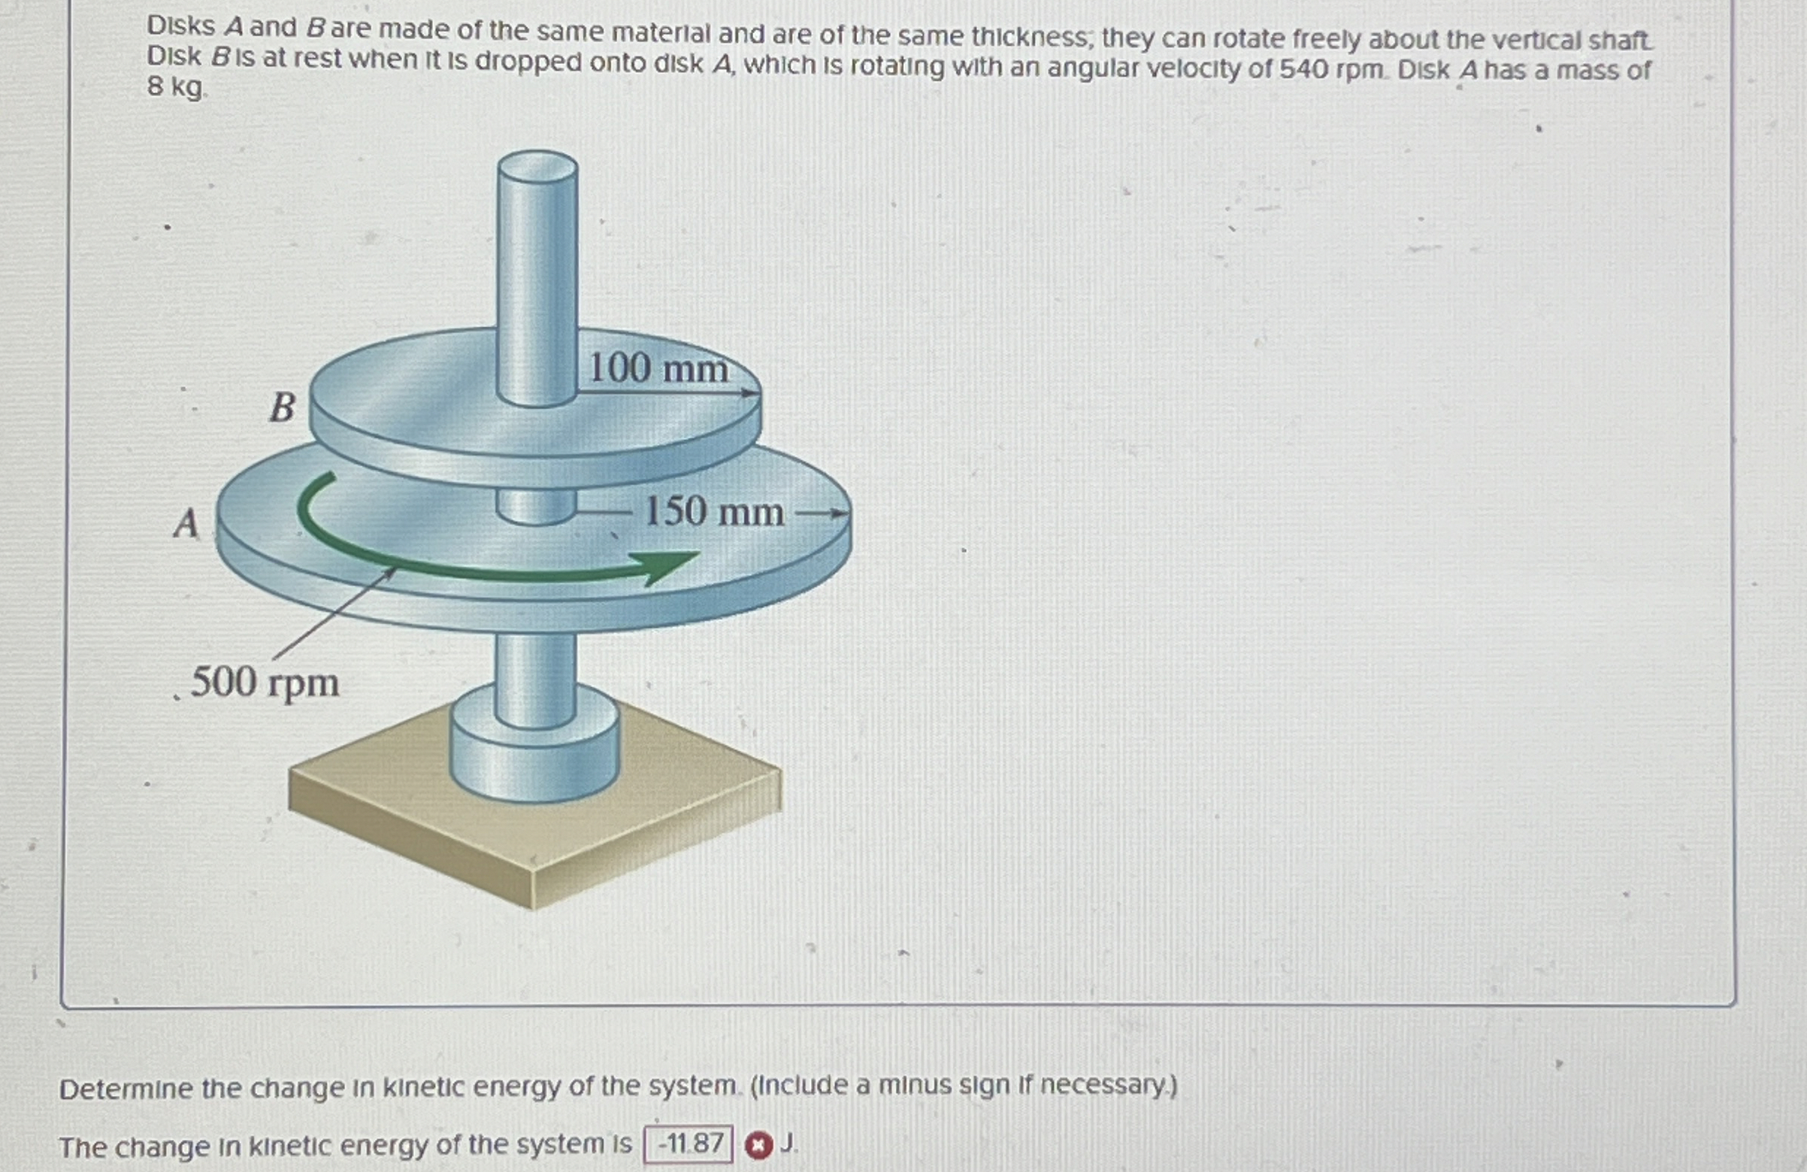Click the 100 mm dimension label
pyautogui.click(x=658, y=368)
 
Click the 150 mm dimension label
pyautogui.click(x=713, y=511)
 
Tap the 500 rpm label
pyautogui.click(x=265, y=682)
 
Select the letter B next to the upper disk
pyautogui.click(x=283, y=408)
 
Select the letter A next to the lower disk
pyautogui.click(x=186, y=523)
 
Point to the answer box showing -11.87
pyautogui.click(x=689, y=1143)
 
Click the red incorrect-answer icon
pyautogui.click(x=758, y=1145)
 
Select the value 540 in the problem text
pyautogui.click(x=1303, y=70)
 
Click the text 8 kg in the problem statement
pyautogui.click(x=175, y=88)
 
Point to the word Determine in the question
pyautogui.click(x=126, y=1090)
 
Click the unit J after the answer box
pyautogui.click(x=788, y=1142)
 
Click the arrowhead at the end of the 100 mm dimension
pyautogui.click(x=752, y=392)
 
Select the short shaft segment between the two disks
pyautogui.click(x=536, y=506)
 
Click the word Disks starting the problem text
pyautogui.click(x=180, y=26)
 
